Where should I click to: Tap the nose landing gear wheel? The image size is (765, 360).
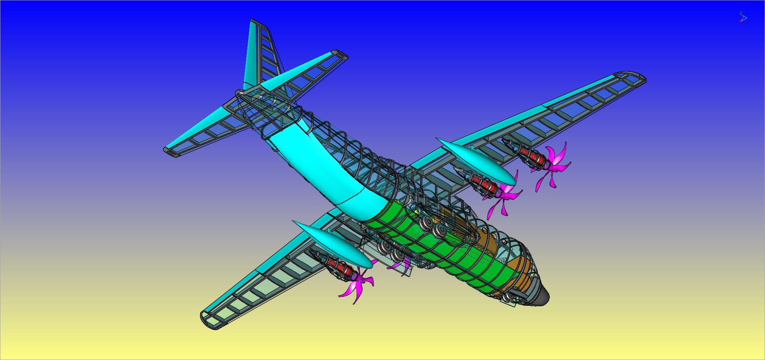click(x=507, y=297)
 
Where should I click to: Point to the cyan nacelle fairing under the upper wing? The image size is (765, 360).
click(x=476, y=161)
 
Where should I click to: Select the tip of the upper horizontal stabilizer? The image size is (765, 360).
click(x=340, y=54)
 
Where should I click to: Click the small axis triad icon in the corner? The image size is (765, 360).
click(x=743, y=18)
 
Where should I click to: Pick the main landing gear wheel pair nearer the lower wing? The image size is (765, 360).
click(x=390, y=251)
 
